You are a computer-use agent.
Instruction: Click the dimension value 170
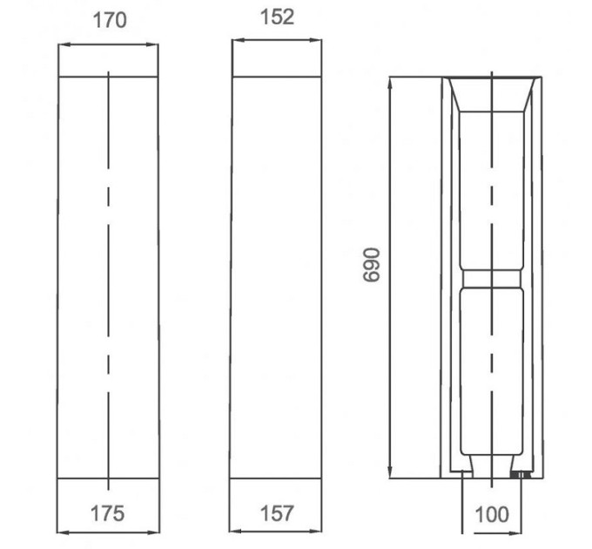110,20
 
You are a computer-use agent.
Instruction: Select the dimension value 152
277,17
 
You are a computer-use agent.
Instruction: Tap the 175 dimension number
108,513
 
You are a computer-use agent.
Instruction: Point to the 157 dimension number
277,513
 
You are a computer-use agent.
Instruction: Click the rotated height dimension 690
371,265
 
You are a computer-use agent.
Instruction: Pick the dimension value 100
492,515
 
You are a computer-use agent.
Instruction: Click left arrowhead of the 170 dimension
64,44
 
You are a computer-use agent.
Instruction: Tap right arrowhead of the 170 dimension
152,44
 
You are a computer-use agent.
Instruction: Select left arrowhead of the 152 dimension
238,40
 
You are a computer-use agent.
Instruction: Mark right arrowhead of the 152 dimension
316,40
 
